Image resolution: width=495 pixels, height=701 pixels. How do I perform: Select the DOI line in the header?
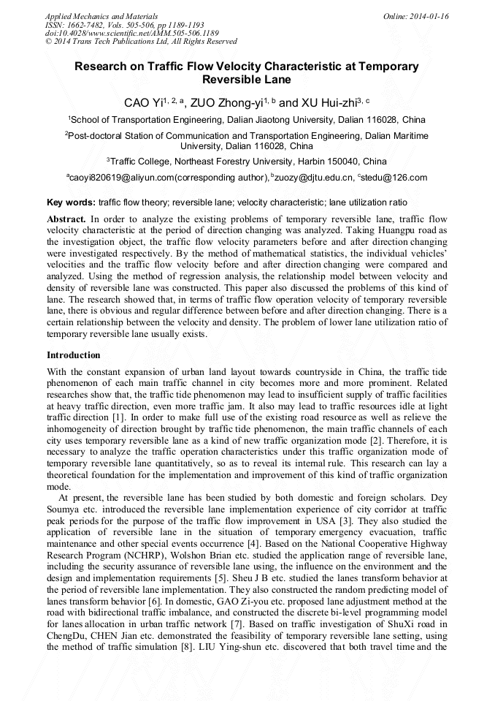131,33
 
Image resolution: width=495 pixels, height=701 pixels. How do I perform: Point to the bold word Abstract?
66,219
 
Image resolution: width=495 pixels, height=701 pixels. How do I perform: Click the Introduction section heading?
73,355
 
